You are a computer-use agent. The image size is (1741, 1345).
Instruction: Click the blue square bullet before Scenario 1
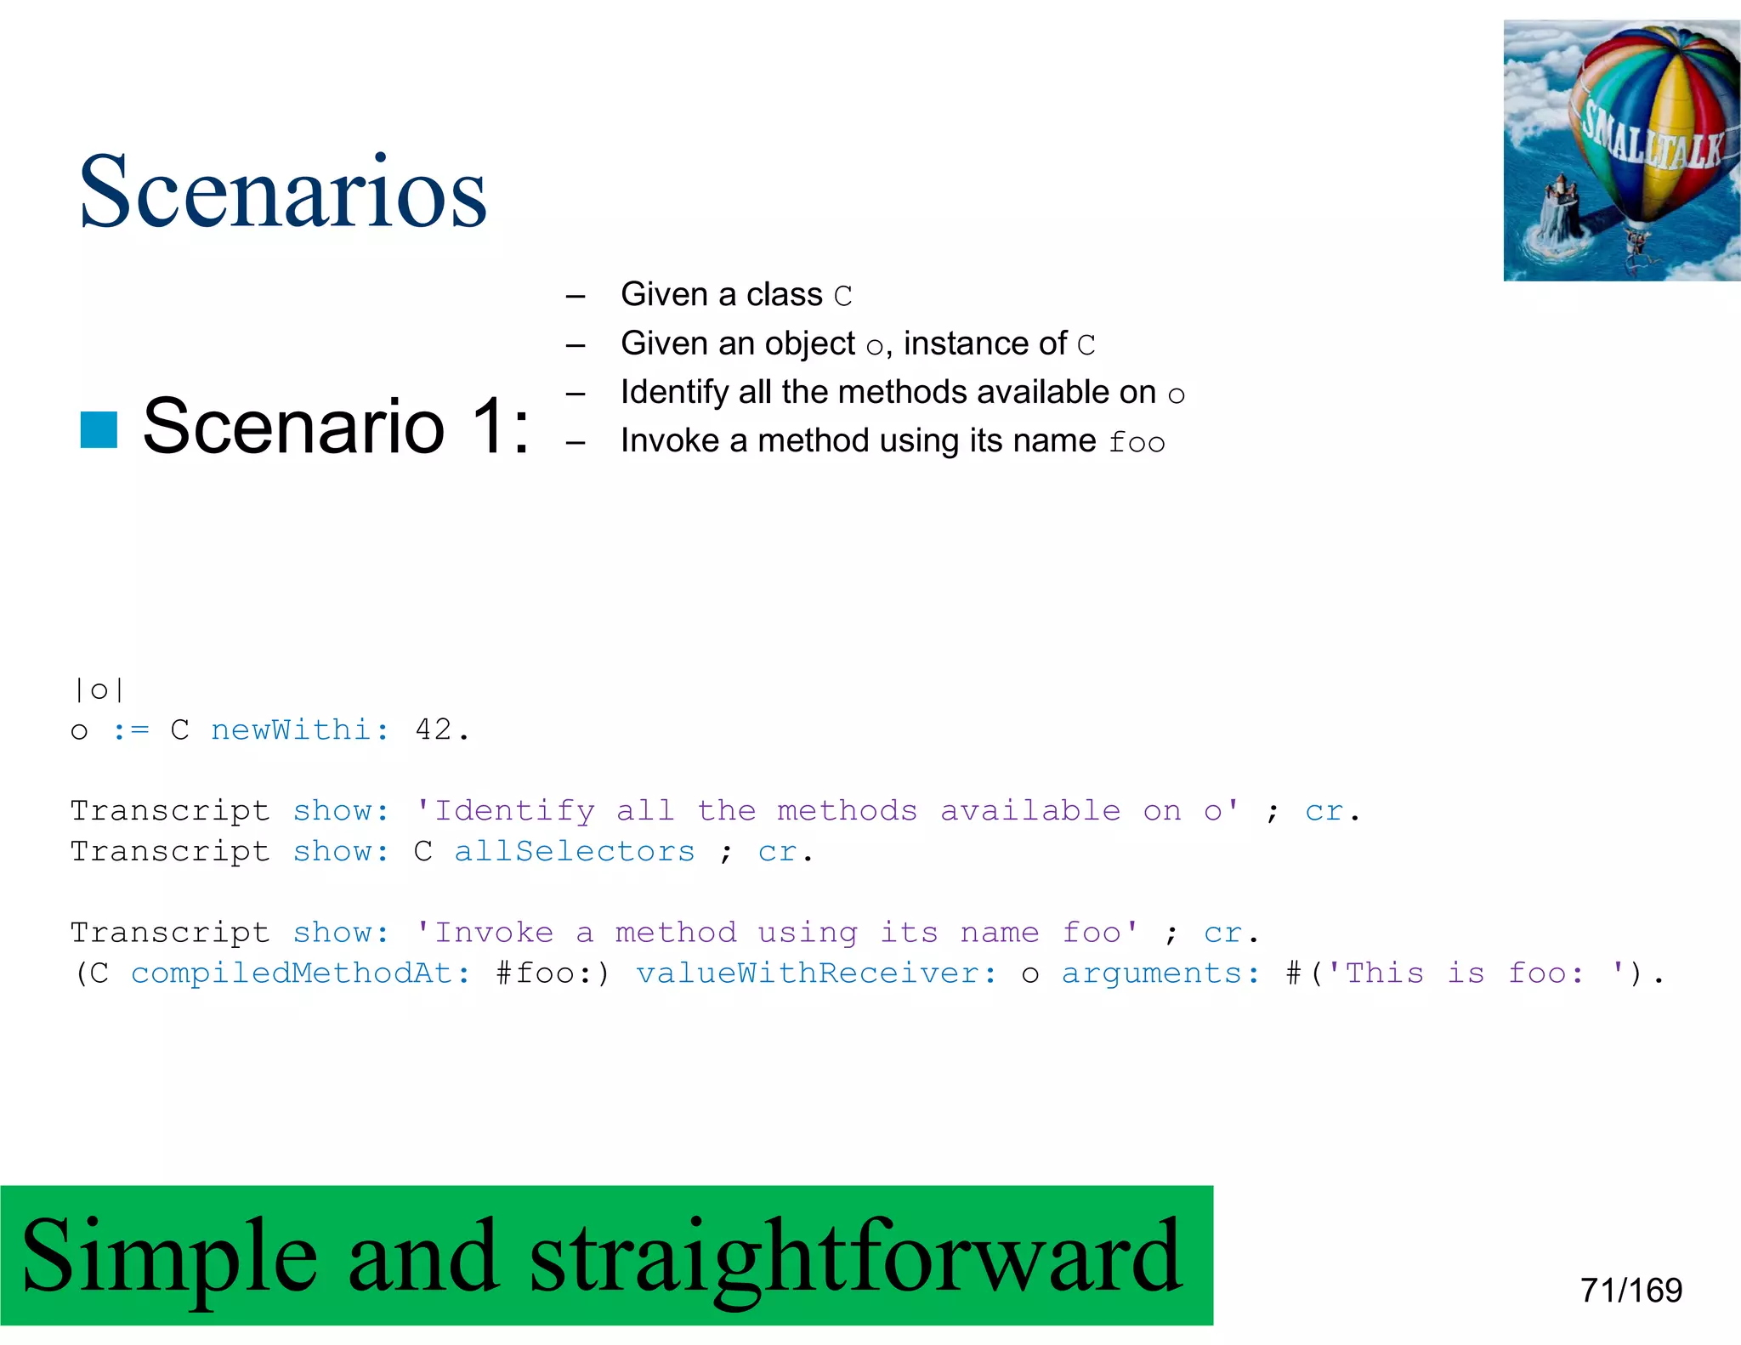(99, 429)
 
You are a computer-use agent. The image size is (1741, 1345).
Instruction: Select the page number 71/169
(1630, 1290)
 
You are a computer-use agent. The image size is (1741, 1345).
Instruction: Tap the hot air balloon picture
(1621, 150)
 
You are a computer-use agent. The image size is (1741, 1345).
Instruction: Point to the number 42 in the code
(434, 729)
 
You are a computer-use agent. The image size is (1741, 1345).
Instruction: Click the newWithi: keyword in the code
(300, 729)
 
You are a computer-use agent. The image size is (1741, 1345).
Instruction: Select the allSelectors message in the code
(575, 851)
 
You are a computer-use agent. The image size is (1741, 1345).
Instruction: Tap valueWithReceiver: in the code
(816, 973)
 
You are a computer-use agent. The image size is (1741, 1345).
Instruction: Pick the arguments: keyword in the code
(1160, 973)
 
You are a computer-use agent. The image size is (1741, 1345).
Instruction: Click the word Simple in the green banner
(170, 1255)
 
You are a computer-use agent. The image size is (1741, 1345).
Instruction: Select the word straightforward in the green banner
(855, 1255)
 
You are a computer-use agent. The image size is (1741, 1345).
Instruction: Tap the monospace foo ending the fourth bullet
(1137, 442)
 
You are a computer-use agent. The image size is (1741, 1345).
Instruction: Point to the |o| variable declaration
(99, 690)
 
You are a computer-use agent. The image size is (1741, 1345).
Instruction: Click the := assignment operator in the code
(131, 729)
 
